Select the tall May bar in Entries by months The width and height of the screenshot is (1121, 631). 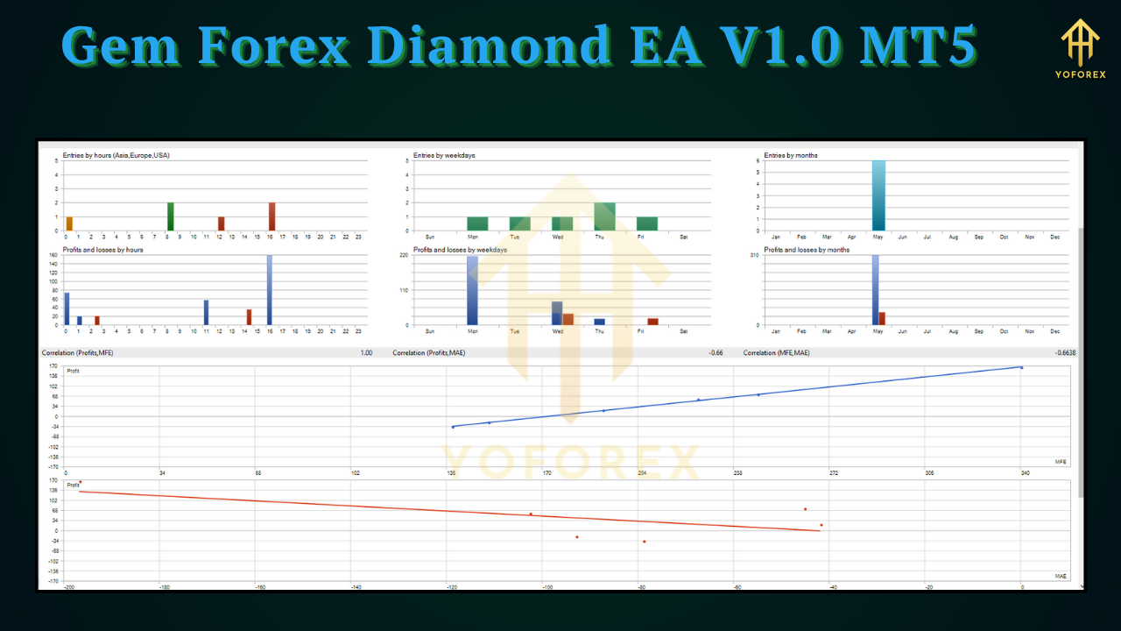[878, 195]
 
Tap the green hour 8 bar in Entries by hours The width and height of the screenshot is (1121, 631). [171, 216]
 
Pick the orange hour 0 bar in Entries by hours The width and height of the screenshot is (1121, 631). [68, 223]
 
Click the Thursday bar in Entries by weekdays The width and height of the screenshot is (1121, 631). [604, 216]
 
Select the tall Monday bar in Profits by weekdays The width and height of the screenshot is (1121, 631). [473, 290]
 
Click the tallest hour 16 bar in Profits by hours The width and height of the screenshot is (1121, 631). [269, 290]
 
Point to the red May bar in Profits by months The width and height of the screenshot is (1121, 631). [883, 318]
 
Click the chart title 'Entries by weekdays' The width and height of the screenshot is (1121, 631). [444, 155]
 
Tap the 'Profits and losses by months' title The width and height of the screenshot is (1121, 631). [806, 250]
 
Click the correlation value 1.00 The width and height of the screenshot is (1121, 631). [366, 353]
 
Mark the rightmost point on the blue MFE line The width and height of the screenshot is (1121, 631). [1021, 368]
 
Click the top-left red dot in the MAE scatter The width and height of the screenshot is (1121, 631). [80, 481]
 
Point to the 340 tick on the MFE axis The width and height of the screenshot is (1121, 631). [1025, 473]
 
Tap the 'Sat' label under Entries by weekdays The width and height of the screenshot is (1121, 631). [684, 237]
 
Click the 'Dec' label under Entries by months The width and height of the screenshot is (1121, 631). [1054, 237]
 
